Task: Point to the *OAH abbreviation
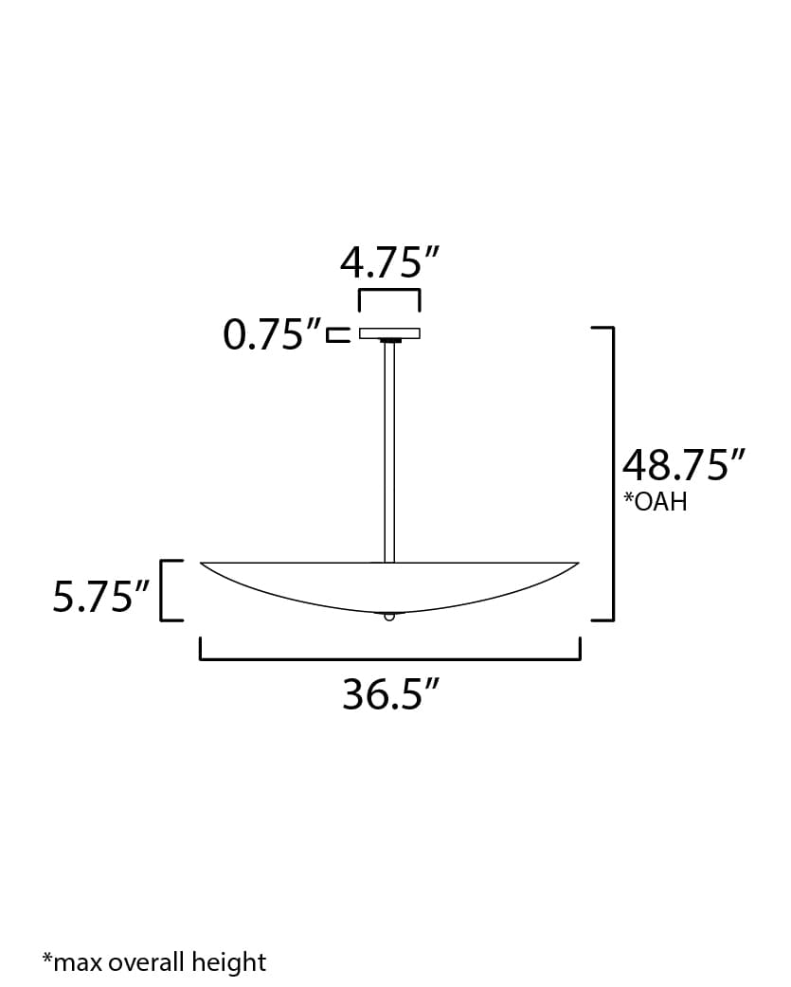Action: click(x=655, y=502)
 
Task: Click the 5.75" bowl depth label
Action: click(x=101, y=598)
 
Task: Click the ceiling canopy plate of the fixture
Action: click(x=389, y=333)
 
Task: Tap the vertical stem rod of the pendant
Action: click(x=389, y=450)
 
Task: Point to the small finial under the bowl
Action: click(x=389, y=617)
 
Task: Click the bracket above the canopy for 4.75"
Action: click(x=389, y=293)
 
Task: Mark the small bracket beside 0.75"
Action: click(x=337, y=334)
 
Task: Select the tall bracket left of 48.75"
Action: click(x=611, y=474)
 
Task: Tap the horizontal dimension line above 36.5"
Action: click(x=389, y=658)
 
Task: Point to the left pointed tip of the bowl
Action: click(x=204, y=565)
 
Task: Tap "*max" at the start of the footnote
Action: click(x=72, y=963)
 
